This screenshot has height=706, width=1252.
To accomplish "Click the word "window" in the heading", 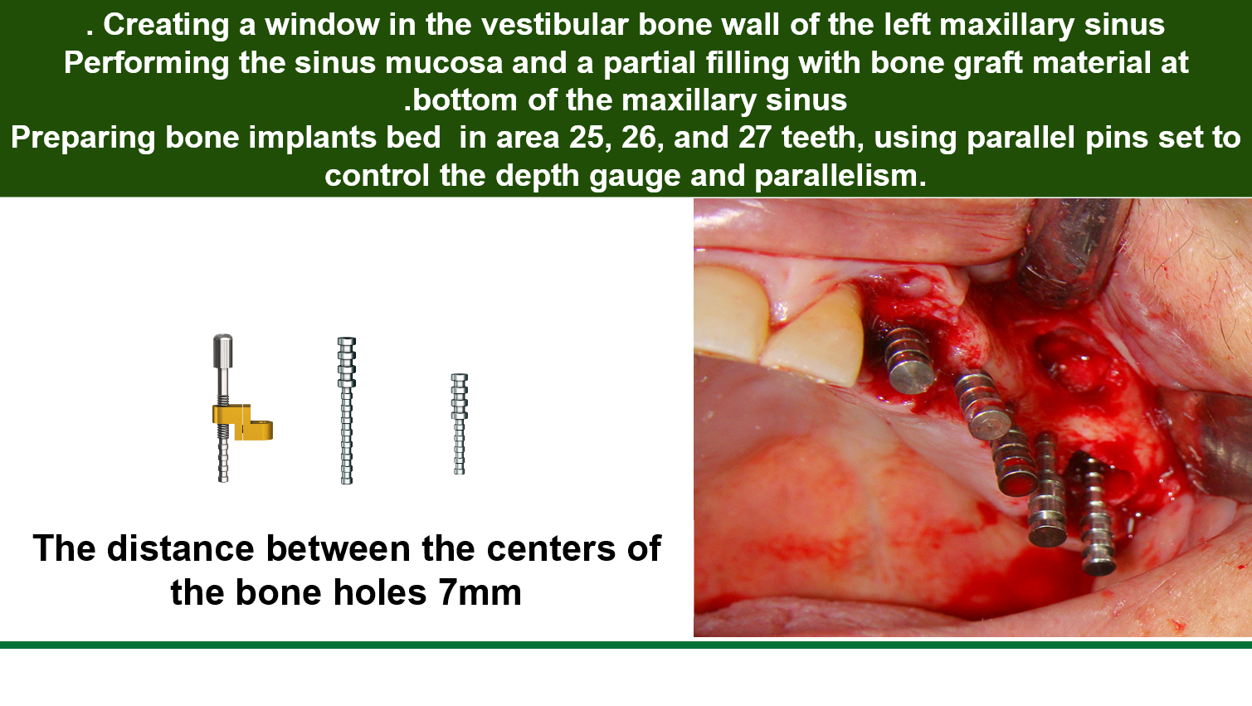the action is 322,25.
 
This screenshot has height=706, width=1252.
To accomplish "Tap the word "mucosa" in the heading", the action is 444,62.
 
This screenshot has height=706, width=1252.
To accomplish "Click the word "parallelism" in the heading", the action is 836,176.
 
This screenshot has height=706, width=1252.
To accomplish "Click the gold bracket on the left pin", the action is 242,422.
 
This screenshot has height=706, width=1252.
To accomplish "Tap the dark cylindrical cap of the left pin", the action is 222,351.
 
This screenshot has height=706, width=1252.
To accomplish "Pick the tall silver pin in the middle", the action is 347,411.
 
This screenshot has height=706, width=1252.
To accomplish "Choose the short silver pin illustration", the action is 460,424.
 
